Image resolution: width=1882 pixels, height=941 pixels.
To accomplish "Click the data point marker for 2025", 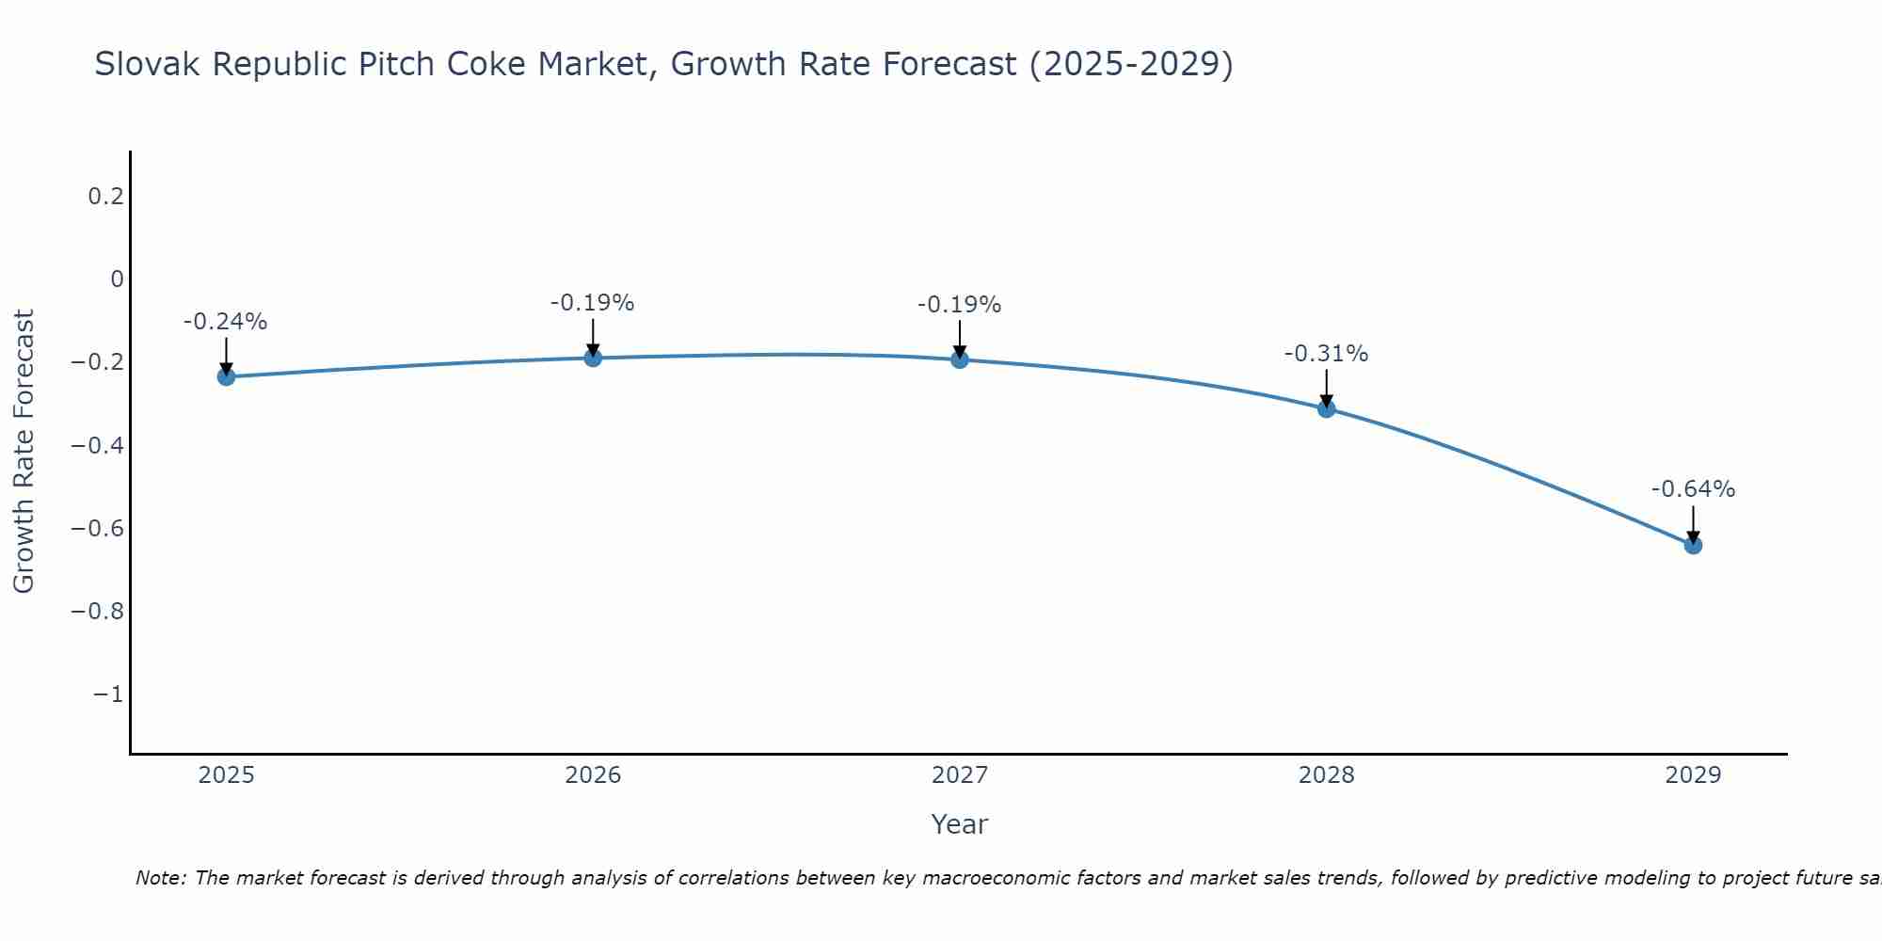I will [226, 376].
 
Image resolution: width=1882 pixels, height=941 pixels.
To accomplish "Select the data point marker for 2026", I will [593, 358].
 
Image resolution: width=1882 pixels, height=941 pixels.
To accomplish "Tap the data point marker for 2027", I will [960, 359].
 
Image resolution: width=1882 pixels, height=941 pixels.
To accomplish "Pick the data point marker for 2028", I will [1327, 408].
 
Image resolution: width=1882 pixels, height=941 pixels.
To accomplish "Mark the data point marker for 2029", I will [1693, 545].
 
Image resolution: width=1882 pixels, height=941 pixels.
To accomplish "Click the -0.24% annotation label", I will [226, 322].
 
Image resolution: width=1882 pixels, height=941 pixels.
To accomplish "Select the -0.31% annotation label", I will [1327, 354].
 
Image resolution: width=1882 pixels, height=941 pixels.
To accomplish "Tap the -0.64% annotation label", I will [1693, 489].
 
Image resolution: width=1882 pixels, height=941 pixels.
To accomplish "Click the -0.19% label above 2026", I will [593, 303].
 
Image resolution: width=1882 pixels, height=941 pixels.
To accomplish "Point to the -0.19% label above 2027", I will [960, 305].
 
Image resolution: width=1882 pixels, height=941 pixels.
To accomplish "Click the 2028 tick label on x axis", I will [1327, 775].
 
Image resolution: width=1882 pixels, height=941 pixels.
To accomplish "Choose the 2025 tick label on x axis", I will [226, 775].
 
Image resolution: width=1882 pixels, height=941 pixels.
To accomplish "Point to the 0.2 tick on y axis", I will [105, 197].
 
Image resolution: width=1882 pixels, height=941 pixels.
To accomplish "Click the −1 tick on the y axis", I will [108, 694].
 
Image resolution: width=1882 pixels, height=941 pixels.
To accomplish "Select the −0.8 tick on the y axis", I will [98, 612].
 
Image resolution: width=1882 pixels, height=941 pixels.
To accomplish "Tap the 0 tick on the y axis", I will [117, 279].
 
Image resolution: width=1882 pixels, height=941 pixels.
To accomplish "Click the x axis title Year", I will [959, 824].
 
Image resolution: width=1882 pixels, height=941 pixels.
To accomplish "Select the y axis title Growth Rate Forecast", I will [24, 452].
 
